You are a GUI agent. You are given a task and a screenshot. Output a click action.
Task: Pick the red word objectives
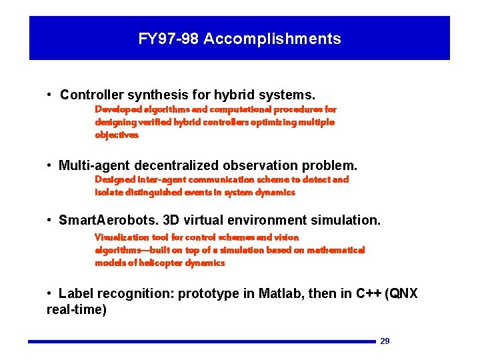[x=117, y=135]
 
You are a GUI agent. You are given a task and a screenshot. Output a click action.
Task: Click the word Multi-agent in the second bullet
[x=95, y=165]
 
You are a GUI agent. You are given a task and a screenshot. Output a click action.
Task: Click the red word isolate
[x=107, y=192]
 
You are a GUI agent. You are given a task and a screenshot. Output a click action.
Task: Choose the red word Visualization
[x=122, y=237]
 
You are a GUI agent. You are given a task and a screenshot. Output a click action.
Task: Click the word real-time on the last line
[x=77, y=310]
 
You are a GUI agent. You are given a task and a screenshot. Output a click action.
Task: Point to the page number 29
[x=385, y=341]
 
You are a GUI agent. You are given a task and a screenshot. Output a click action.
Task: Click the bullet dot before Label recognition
[x=50, y=293]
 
